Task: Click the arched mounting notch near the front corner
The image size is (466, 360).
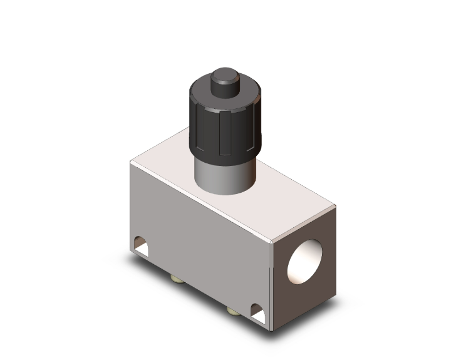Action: [256, 309]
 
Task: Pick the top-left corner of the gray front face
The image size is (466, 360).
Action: [131, 163]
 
